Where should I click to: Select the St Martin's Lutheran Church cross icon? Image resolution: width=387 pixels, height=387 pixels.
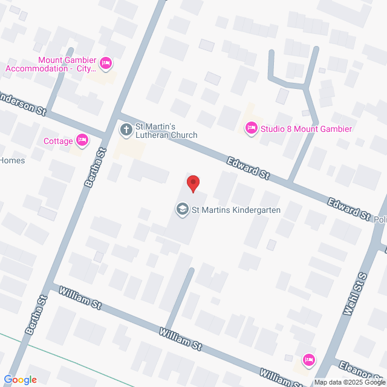pos(126,129)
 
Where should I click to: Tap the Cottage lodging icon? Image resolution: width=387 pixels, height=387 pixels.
pos(83,141)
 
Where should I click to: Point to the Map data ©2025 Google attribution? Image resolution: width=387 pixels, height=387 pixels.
pos(350,382)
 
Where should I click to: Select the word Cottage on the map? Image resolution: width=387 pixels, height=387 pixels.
pos(58,141)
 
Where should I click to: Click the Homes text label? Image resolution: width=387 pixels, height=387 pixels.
pos(11,160)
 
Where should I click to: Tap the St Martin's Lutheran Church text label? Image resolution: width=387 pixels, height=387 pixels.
pos(165,130)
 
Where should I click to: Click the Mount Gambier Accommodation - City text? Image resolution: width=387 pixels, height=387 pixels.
pos(51,64)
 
